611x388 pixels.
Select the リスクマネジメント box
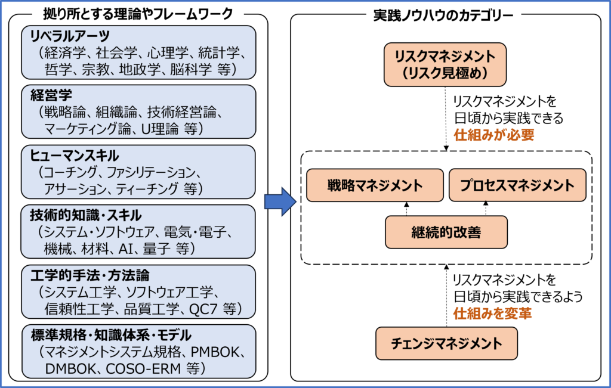click(x=445, y=65)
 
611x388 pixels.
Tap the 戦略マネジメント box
click(x=375, y=185)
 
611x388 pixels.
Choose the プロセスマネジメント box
click(x=517, y=185)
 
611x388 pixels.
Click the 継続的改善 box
click(x=446, y=232)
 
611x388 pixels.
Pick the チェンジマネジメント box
click(x=446, y=343)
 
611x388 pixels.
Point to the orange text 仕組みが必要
click(x=493, y=135)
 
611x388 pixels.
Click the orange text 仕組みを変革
click(x=492, y=312)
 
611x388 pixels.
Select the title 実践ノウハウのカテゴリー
click(x=443, y=16)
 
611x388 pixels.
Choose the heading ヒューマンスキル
click(x=75, y=156)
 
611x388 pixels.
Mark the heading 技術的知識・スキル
click(x=86, y=215)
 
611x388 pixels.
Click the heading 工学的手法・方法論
click(x=90, y=275)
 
